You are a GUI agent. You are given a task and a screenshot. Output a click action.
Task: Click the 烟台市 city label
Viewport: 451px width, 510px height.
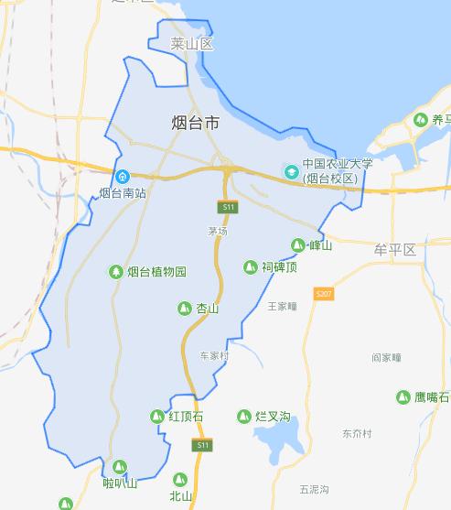[196, 122]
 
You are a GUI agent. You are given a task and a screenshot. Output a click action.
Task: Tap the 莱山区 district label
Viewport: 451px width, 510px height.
[191, 43]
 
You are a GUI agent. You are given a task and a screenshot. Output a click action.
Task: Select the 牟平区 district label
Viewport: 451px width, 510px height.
[394, 249]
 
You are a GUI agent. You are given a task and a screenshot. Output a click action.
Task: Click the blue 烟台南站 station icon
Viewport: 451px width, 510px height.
[122, 176]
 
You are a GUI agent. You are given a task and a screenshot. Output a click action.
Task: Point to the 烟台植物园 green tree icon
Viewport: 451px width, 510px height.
[115, 271]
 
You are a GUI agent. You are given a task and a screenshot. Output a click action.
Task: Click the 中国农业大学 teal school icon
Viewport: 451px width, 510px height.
[290, 171]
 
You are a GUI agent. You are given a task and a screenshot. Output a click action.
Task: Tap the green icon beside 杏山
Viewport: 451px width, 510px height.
[185, 309]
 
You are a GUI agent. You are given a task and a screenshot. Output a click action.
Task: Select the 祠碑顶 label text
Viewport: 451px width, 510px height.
[280, 267]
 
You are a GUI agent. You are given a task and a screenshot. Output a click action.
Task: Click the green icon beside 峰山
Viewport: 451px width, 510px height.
[297, 245]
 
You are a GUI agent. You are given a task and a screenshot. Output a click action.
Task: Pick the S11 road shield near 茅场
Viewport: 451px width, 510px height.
[229, 208]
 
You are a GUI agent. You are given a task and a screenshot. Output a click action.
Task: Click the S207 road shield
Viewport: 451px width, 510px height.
[323, 294]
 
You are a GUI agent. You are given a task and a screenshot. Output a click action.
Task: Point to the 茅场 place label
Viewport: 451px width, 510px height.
[217, 231]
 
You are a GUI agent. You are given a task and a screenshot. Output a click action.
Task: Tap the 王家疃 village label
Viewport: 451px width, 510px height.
[283, 306]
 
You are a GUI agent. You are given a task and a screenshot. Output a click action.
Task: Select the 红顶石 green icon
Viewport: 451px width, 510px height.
[156, 417]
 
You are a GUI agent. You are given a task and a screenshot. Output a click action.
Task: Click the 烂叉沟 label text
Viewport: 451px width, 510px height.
[273, 417]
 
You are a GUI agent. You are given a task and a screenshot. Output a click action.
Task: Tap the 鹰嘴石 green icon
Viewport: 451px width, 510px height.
[403, 396]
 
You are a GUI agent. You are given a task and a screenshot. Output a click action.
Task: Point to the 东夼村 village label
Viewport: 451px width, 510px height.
[358, 433]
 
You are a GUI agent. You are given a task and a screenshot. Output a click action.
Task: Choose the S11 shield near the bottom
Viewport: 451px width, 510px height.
[203, 445]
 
